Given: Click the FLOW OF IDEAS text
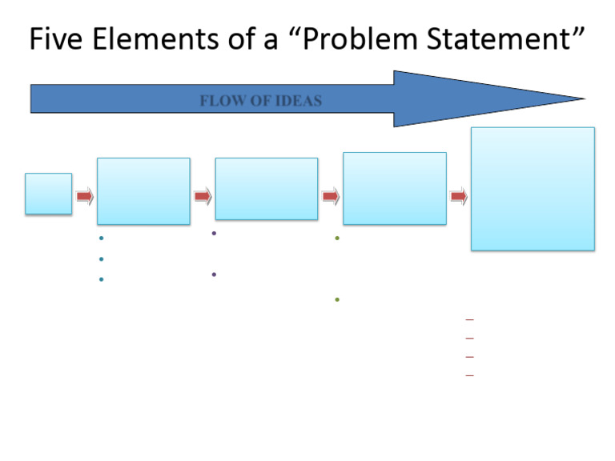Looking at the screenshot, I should point(260,101).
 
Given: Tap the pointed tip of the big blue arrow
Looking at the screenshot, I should point(583,99).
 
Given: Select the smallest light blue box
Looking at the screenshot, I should point(48,194).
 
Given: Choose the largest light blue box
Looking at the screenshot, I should point(533,189).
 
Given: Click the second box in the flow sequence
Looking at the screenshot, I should point(143,190).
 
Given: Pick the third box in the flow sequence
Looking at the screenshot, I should point(266,189).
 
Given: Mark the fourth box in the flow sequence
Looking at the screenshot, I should point(394,188).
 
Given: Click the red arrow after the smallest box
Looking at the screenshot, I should point(85,196).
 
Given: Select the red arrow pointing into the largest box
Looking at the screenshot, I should point(459,196).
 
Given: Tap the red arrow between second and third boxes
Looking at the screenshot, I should point(203,196).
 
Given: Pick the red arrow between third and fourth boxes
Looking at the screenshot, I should point(331,196).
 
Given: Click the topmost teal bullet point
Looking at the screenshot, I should point(101,239).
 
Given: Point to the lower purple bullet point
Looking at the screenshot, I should point(214,275).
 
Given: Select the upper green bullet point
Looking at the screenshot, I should point(337,239).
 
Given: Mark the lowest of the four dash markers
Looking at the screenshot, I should point(469,375).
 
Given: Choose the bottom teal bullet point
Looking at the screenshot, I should point(101,279).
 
